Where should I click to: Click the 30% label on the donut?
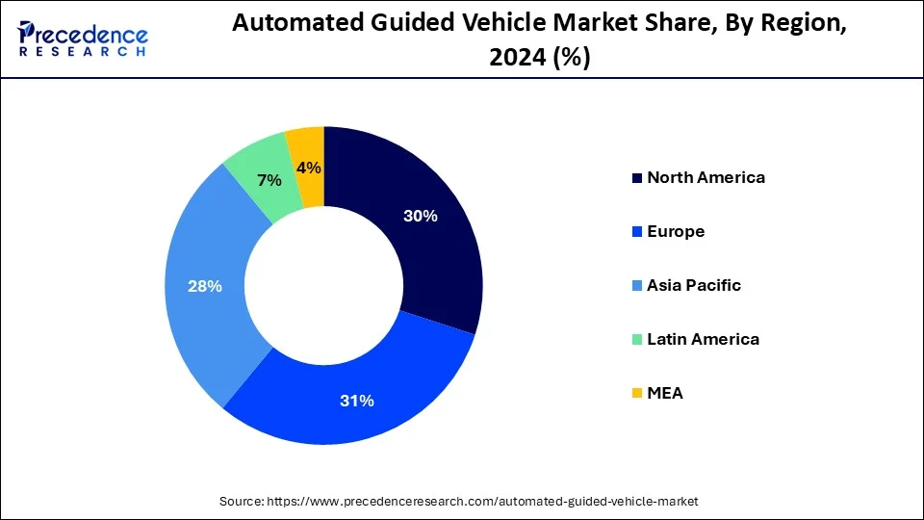coord(420,217)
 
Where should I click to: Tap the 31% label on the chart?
coord(355,401)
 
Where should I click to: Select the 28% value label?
coord(206,286)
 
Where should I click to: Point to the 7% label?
coord(269,180)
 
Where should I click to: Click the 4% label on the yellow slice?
coord(309,168)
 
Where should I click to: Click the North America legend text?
coord(706,177)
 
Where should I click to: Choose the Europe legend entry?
coord(676,231)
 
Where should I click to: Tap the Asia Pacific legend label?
coord(694,285)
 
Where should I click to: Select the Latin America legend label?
coord(703,339)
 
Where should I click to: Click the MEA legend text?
coord(665,393)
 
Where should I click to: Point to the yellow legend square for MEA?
coord(636,394)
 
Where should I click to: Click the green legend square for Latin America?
coord(636,340)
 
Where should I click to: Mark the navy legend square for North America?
coord(636,178)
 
